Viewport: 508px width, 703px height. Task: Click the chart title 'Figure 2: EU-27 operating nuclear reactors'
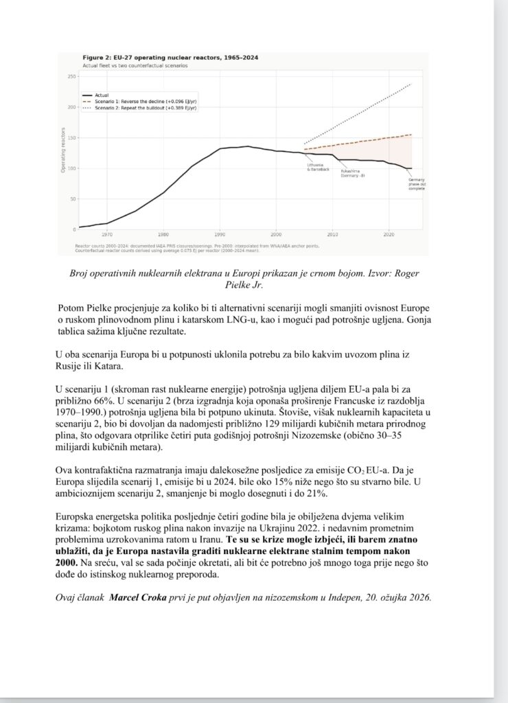(x=170, y=58)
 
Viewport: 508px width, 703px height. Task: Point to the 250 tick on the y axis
(x=71, y=77)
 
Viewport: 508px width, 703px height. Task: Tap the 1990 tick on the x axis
(x=220, y=234)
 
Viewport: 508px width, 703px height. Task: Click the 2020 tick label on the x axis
(x=389, y=234)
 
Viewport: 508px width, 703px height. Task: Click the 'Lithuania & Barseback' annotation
(x=319, y=167)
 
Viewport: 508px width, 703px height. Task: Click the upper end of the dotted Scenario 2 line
(x=411, y=84)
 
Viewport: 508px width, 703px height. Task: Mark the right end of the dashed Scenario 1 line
(x=411, y=135)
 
